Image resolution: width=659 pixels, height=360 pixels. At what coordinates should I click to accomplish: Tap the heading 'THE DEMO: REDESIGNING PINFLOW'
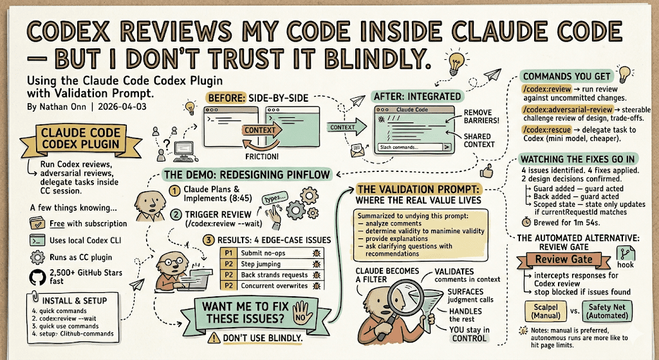tap(248, 174)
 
